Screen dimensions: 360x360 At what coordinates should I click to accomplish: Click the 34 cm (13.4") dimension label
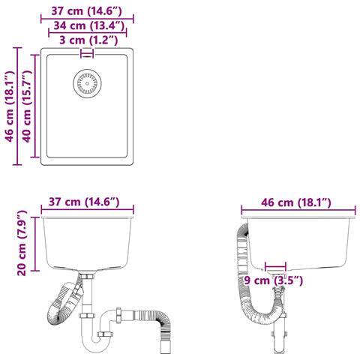pos(89,25)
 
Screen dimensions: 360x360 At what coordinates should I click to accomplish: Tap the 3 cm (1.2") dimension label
pos(88,40)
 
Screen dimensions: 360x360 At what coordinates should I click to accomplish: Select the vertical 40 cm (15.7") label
pos(27,106)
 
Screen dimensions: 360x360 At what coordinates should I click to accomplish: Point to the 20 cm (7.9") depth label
pos(22,243)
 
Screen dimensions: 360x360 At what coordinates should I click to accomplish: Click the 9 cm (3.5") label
pos(274,280)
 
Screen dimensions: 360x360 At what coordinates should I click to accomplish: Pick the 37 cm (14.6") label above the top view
pos(87,11)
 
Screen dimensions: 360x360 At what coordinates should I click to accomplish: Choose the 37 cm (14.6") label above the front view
pos(84,202)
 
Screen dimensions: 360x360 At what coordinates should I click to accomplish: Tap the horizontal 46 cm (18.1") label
pos(296,202)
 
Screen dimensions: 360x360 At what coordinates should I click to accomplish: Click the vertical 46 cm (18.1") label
pos(10,106)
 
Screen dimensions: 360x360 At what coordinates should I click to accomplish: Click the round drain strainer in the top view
pos(87,83)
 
